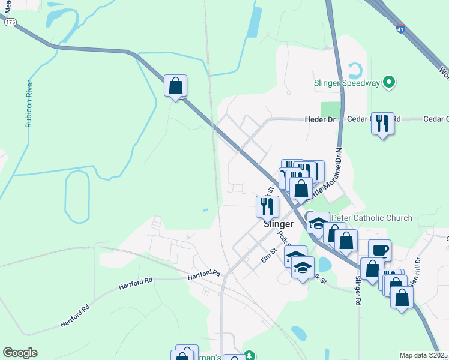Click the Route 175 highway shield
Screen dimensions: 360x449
[10, 22]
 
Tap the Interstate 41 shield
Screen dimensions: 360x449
[401, 29]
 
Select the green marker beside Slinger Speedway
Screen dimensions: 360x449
[389, 82]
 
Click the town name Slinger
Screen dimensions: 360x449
[279, 224]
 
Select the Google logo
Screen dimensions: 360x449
[20, 353]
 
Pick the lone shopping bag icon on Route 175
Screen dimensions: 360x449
[175, 86]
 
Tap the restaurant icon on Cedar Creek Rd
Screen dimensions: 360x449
[382, 124]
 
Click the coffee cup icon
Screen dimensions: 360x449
[379, 250]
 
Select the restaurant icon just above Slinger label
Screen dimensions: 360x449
[267, 206]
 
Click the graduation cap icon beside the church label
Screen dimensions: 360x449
[318, 224]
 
